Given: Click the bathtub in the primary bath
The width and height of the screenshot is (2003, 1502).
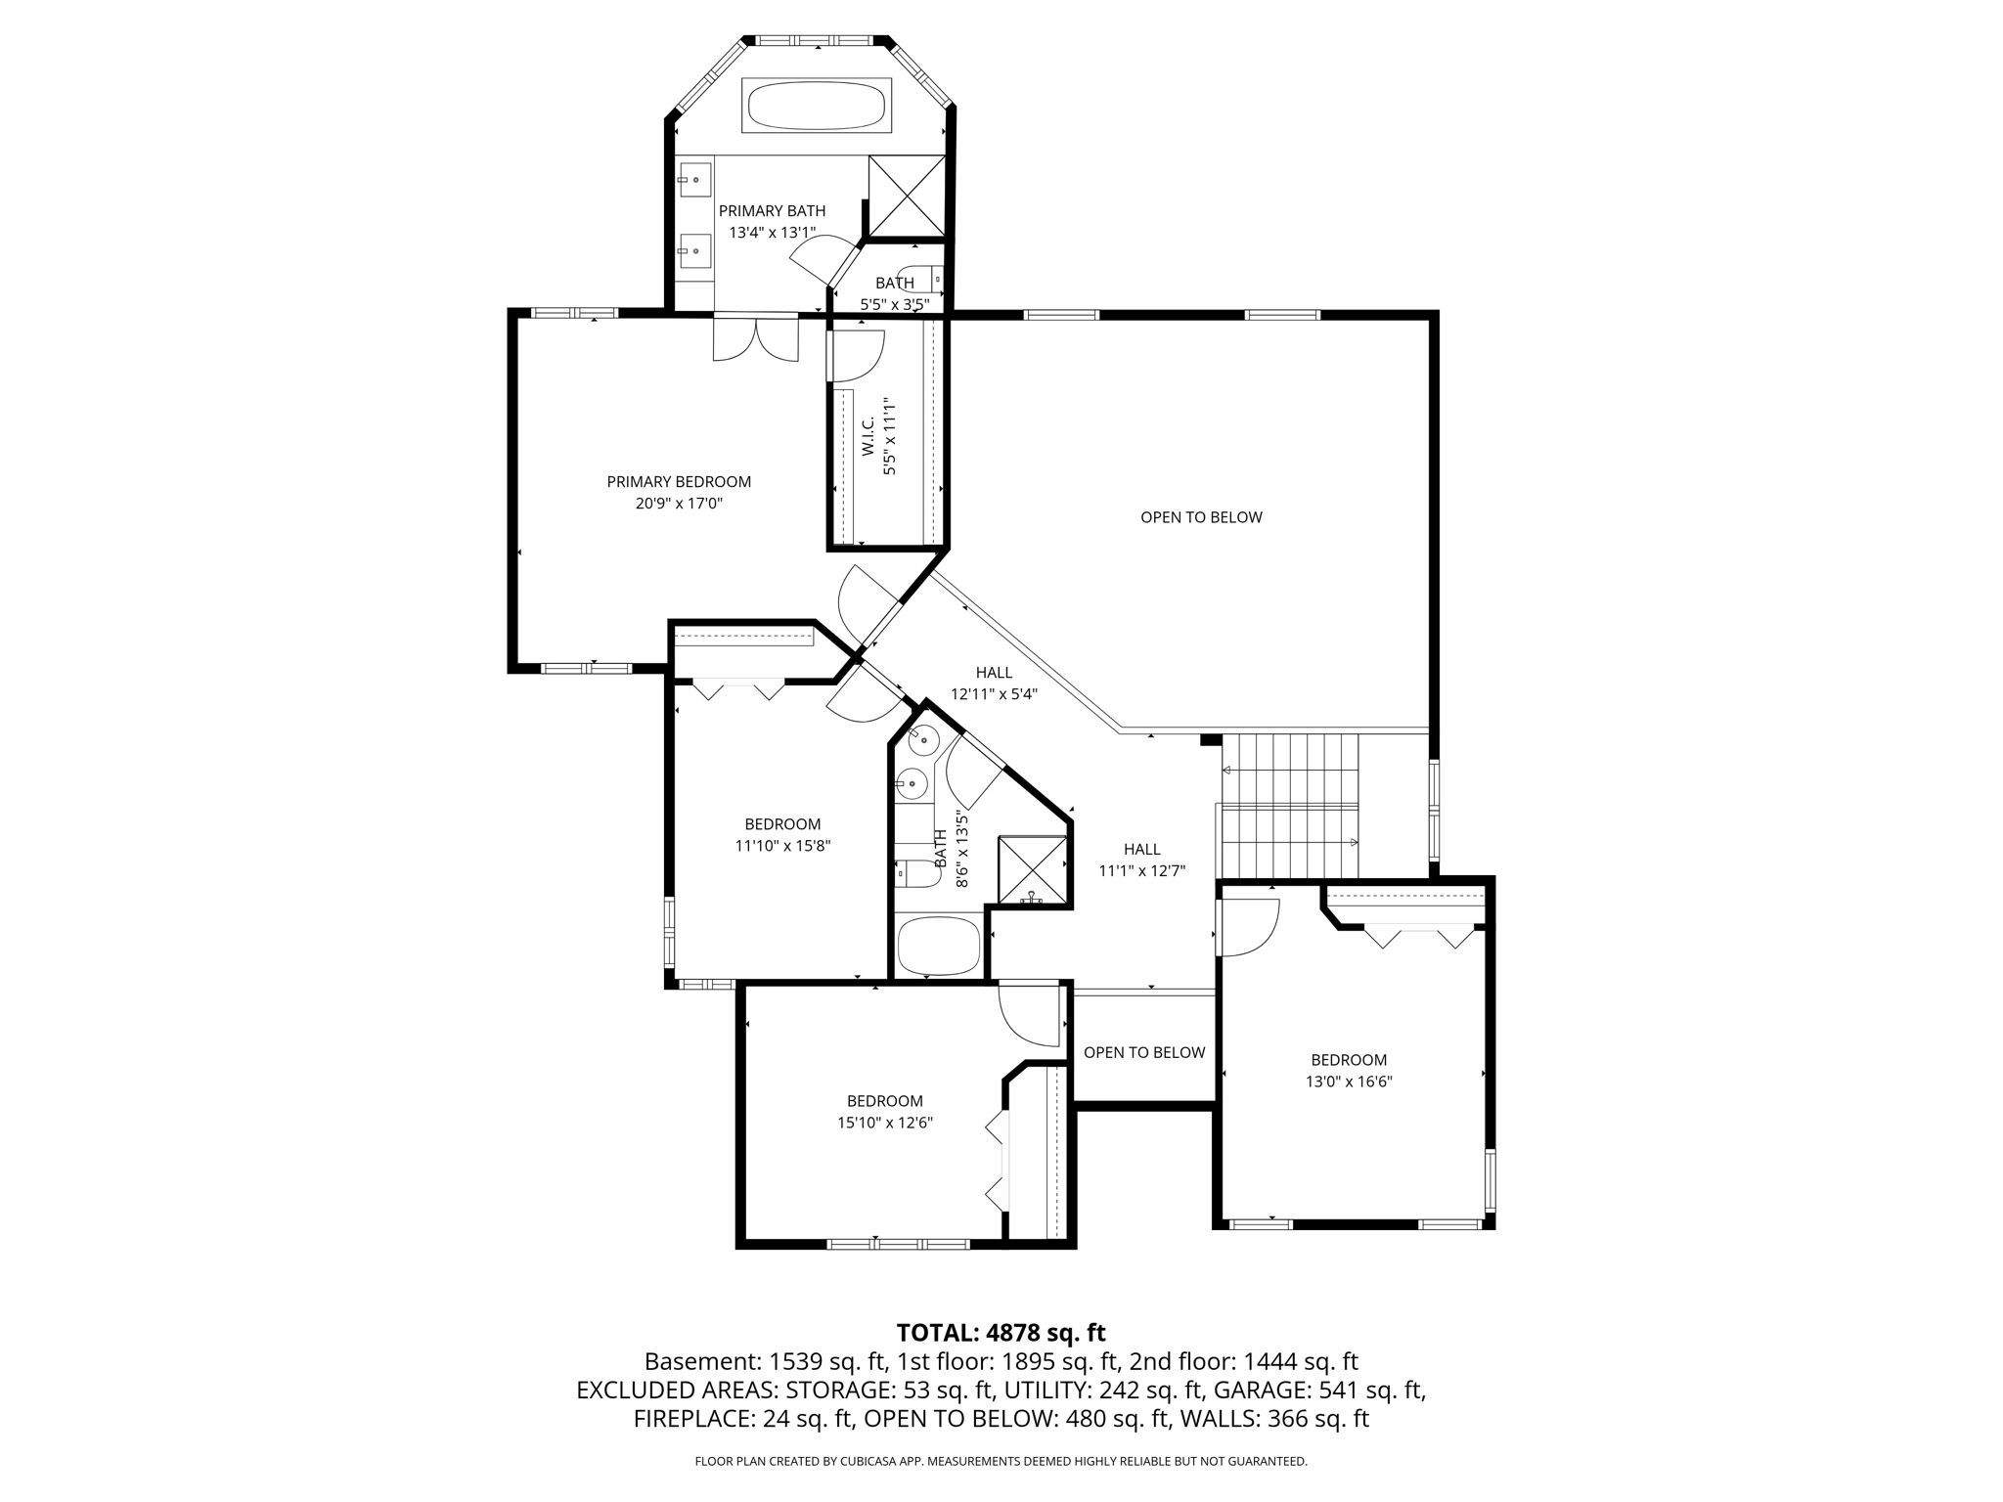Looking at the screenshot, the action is click(x=817, y=105).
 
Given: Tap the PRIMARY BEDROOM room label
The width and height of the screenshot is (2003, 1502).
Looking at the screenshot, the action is click(x=679, y=482).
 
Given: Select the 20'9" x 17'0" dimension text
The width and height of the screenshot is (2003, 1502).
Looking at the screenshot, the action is click(x=679, y=505).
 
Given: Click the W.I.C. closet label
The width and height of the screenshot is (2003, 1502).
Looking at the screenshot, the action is click(x=868, y=435).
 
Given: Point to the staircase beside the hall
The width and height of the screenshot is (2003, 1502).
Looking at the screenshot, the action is click(x=1290, y=805).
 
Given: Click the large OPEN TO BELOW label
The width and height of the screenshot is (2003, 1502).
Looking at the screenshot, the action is click(x=1201, y=517).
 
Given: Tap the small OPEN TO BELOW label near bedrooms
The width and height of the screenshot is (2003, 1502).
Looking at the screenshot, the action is click(x=1144, y=1052).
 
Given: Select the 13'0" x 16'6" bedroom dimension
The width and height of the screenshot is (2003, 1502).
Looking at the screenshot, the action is click(x=1349, y=1082).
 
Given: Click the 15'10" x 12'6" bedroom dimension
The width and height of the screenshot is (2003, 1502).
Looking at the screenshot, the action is click(x=885, y=1123).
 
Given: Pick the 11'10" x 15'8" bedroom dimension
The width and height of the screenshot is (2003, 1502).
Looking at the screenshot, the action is click(x=782, y=846).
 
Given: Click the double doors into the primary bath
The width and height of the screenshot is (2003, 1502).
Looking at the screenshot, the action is click(x=756, y=337).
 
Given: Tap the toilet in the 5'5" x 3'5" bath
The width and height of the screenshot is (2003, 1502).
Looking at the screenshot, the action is click(x=920, y=280).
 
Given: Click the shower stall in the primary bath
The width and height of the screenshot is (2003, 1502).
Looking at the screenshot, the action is click(x=908, y=196).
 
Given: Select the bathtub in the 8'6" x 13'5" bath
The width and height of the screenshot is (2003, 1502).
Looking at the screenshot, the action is click(x=939, y=946).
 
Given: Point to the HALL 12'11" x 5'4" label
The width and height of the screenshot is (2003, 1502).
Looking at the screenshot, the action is click(x=994, y=684).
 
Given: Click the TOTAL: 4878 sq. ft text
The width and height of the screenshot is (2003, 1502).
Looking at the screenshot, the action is click(x=1001, y=1333).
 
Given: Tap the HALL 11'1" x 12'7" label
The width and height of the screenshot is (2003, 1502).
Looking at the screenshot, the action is click(x=1142, y=861).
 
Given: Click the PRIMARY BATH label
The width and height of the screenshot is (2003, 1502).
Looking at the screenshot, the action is click(x=772, y=211).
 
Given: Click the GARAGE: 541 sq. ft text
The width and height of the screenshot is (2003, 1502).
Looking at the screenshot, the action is click(x=1317, y=1391).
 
